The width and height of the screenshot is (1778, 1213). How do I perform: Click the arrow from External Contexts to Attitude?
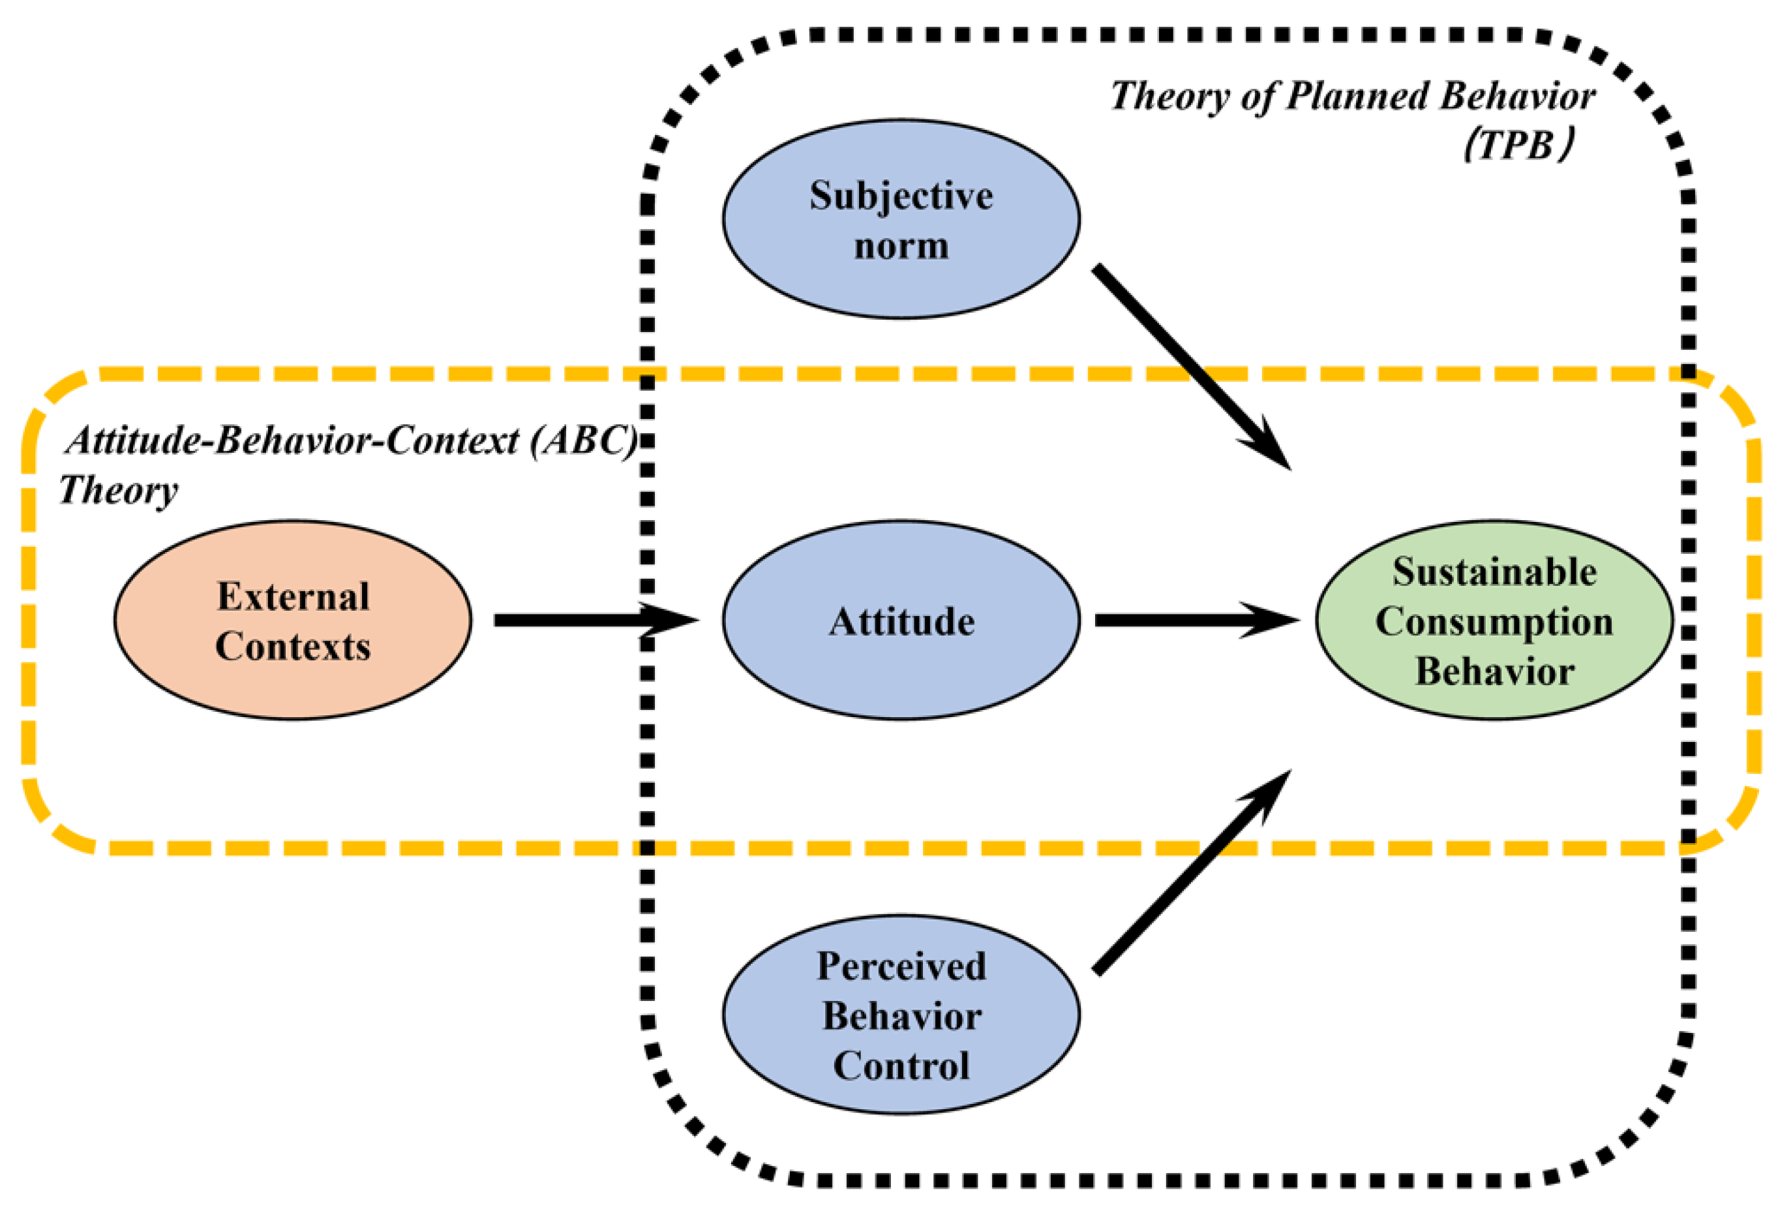(x=581, y=620)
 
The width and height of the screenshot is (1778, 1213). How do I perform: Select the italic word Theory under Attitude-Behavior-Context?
(x=119, y=491)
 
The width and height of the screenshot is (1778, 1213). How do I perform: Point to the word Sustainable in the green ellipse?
(x=1494, y=572)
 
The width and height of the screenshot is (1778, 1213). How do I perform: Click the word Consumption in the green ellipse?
(x=1494, y=621)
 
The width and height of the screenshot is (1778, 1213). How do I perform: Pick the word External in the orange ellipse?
(x=293, y=597)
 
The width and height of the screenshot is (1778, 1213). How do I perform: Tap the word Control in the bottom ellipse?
(x=901, y=1066)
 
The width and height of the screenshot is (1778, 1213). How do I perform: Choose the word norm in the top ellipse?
(x=901, y=247)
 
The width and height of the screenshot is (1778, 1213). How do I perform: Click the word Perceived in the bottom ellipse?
(x=901, y=966)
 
